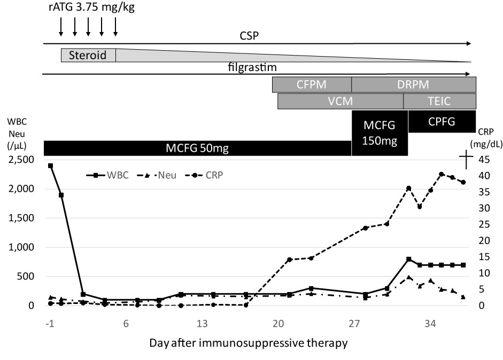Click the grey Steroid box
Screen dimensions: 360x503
[88, 55]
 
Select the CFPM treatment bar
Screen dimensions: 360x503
[312, 84]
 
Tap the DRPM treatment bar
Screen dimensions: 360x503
[413, 84]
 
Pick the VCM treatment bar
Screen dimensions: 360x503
[341, 101]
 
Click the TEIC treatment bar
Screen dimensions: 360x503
[439, 101]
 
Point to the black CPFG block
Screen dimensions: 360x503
[442, 121]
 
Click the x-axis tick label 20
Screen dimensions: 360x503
[278, 324]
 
